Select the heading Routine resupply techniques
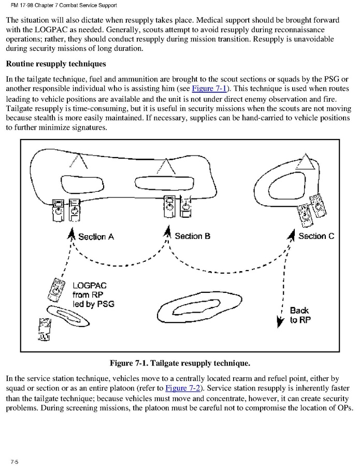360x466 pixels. (x=55, y=64)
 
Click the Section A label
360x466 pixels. (x=96, y=237)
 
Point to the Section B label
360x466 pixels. (x=192, y=236)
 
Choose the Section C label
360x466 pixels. (x=316, y=236)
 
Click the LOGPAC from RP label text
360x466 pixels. (x=93, y=294)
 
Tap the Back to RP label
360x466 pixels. (x=300, y=315)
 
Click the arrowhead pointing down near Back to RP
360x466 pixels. (x=280, y=321)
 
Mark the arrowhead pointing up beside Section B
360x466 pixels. (x=167, y=235)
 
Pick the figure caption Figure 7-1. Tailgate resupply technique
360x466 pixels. (x=180, y=362)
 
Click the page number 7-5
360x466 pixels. (x=13, y=461)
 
